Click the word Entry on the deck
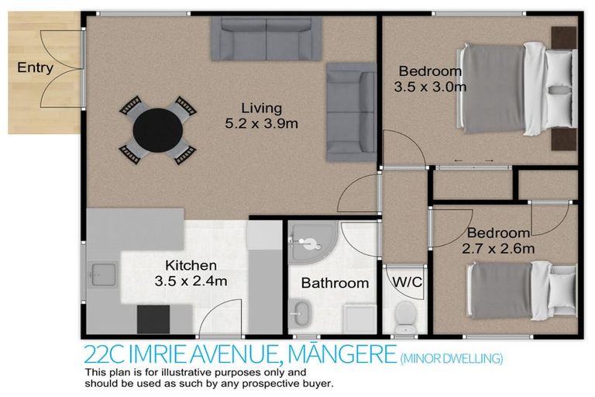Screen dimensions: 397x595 coord(35,67)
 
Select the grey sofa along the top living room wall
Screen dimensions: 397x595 coord(267,40)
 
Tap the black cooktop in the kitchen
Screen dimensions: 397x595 coord(153,318)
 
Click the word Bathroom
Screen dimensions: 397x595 coord(335,283)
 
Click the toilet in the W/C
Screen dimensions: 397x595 coord(404,315)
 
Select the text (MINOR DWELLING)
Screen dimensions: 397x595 coord(451,357)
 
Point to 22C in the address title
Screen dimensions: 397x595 coord(101,355)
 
